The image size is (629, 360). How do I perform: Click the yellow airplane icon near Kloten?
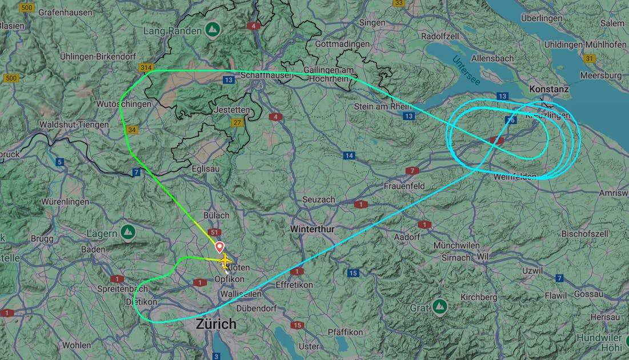pos(226,261)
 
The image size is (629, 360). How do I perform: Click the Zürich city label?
pos(216,324)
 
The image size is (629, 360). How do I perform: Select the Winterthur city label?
pos(313,229)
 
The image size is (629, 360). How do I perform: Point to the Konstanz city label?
pos(549,89)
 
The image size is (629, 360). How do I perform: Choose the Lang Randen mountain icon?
pos(213,29)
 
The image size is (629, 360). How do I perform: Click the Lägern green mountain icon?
pos(128,232)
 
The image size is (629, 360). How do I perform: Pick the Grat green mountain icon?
pos(439,307)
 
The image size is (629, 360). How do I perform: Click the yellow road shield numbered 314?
pos(146,68)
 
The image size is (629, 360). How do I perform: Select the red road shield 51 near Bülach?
pos(215,233)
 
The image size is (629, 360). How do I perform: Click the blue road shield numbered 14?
pos(349,155)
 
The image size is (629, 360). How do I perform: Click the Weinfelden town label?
pos(515,176)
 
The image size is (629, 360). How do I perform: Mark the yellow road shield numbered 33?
pos(399,3)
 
